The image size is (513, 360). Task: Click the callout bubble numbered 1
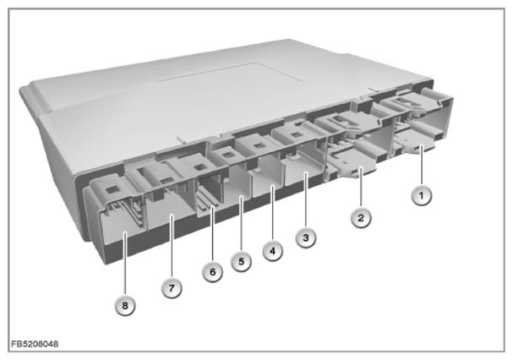point(422,196)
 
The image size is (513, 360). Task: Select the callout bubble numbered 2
point(361,218)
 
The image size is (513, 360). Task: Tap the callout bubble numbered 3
point(306,237)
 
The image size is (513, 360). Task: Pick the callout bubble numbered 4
point(272,251)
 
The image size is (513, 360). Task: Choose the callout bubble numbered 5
point(242,261)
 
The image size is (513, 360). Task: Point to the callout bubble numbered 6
point(213,272)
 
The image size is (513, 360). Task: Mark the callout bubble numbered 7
point(172,288)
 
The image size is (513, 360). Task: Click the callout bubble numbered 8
point(124,306)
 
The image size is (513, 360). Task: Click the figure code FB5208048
point(35,344)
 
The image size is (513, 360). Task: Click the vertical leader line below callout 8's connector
point(124,265)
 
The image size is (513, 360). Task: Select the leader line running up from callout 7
point(172,247)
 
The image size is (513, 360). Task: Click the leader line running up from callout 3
point(306,200)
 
